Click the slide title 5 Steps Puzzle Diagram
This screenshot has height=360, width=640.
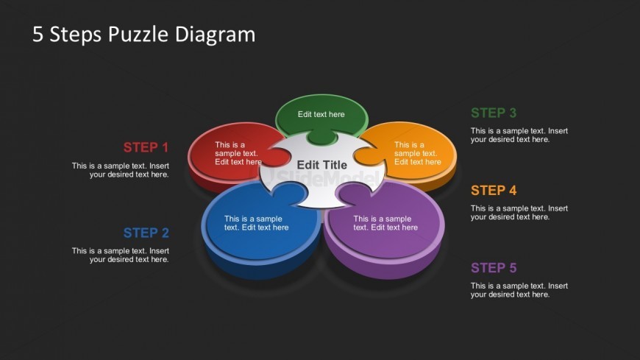(x=143, y=34)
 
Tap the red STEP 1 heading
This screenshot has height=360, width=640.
(x=146, y=147)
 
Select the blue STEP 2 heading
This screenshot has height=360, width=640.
(x=146, y=233)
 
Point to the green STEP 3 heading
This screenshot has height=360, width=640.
(x=493, y=113)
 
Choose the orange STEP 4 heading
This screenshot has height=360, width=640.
(x=493, y=191)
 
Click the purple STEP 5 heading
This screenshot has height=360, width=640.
(x=493, y=268)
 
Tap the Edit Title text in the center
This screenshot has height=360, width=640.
(x=321, y=165)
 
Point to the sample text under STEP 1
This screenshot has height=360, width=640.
(x=121, y=170)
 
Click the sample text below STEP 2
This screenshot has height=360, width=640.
(x=121, y=255)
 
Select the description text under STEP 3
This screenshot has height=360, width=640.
(x=519, y=135)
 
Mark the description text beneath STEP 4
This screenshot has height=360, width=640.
(x=519, y=213)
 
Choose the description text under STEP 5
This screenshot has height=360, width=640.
(x=519, y=290)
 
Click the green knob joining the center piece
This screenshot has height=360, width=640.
(x=321, y=137)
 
